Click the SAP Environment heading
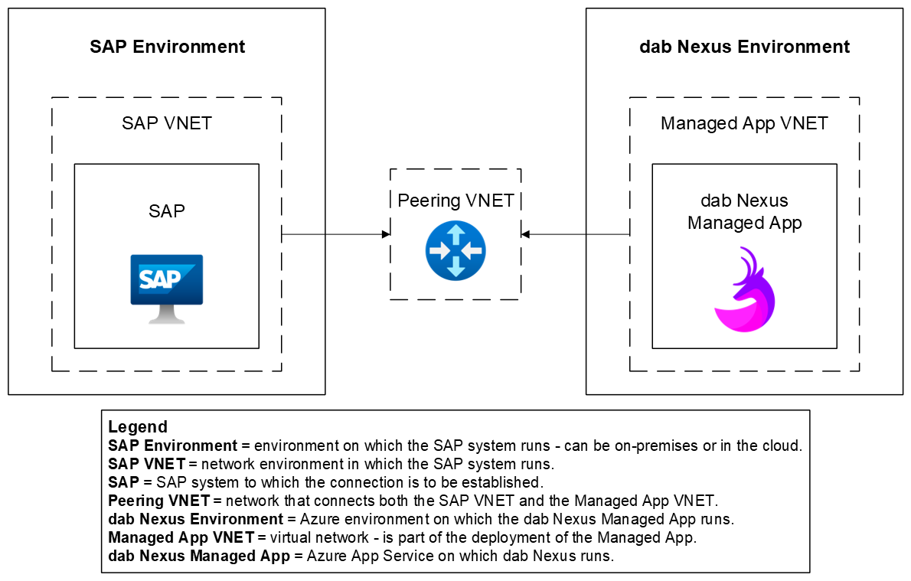167,47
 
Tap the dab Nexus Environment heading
744,47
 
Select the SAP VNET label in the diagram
167,123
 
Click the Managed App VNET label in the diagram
744,123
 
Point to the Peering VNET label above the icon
455,201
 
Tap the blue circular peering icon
455,250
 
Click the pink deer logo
744,290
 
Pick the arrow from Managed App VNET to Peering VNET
576,234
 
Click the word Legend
138,427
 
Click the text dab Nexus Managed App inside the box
744,211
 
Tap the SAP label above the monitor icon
167,211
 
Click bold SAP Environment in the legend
173,446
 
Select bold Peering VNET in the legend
159,501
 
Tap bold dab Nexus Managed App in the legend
199,556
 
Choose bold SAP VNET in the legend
146,464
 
